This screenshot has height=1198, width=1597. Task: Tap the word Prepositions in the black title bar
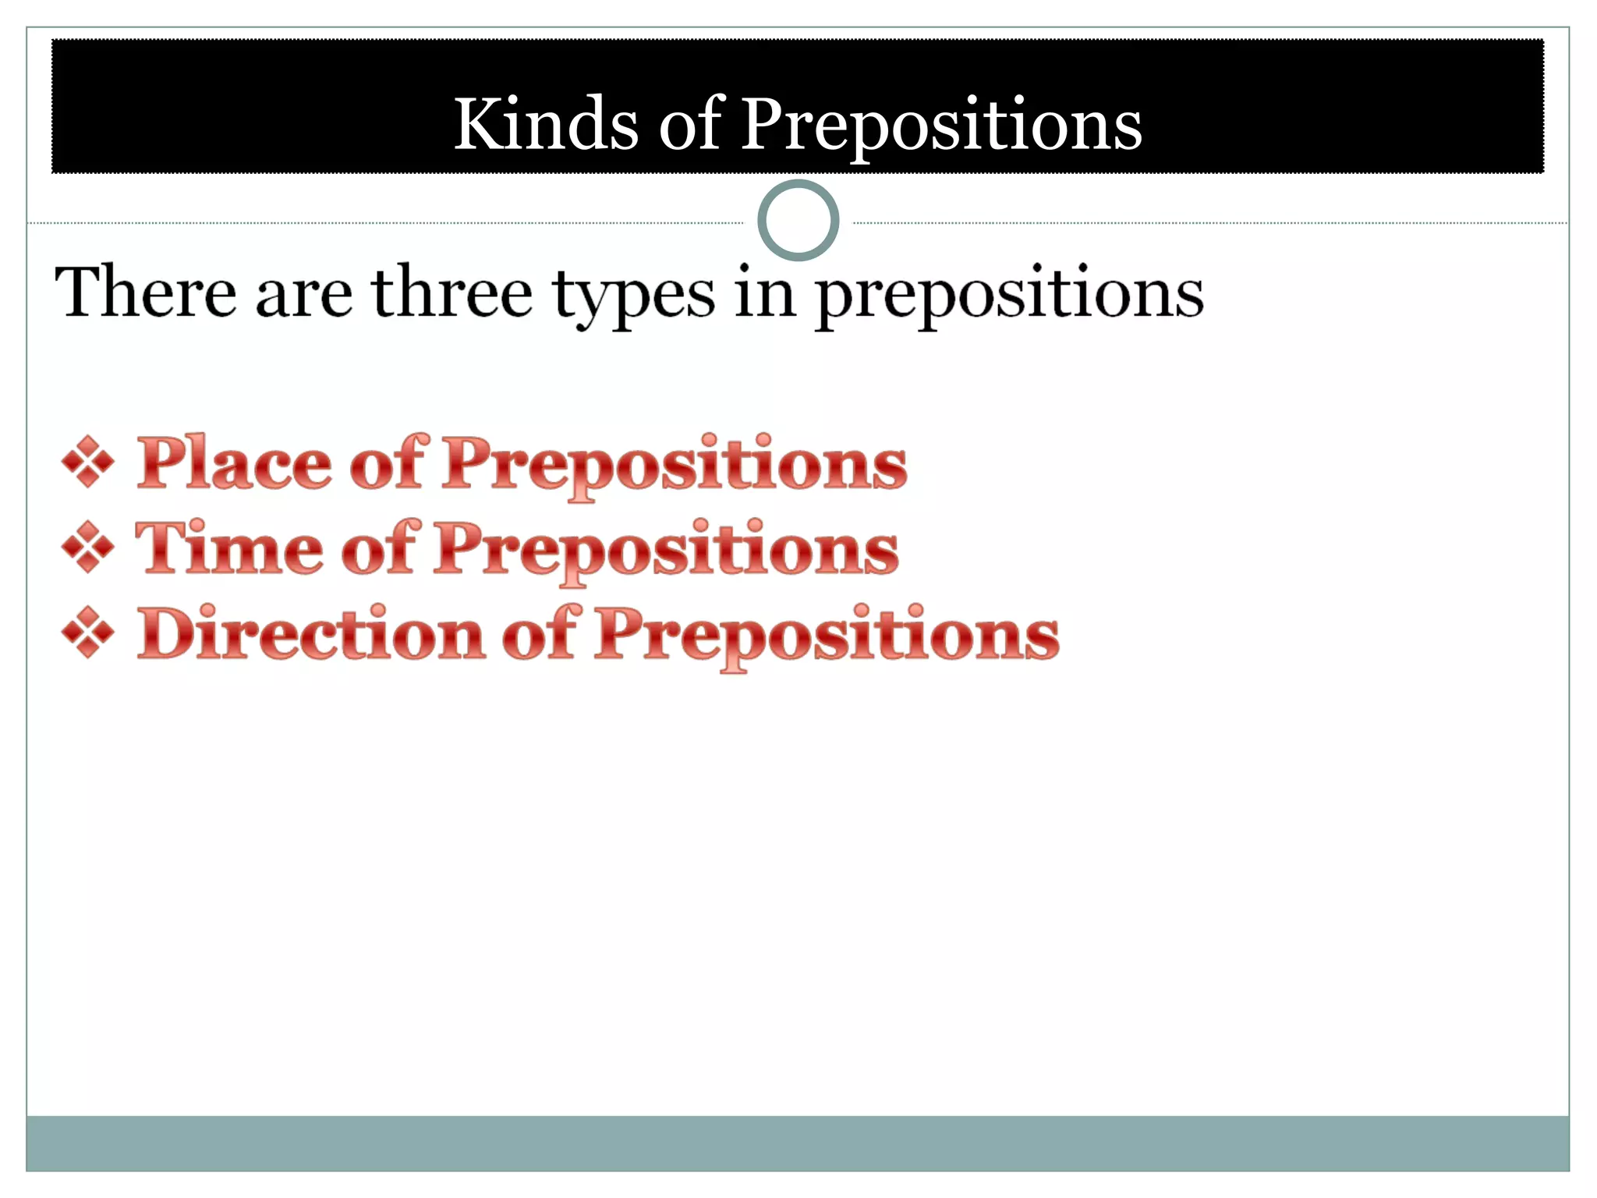[940, 125]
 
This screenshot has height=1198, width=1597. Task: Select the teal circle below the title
[798, 220]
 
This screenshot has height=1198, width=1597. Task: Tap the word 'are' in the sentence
[303, 295]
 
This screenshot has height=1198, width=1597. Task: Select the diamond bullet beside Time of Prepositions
[88, 548]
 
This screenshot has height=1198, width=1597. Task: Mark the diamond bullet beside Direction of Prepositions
[88, 633]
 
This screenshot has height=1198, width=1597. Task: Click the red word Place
[233, 463]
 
